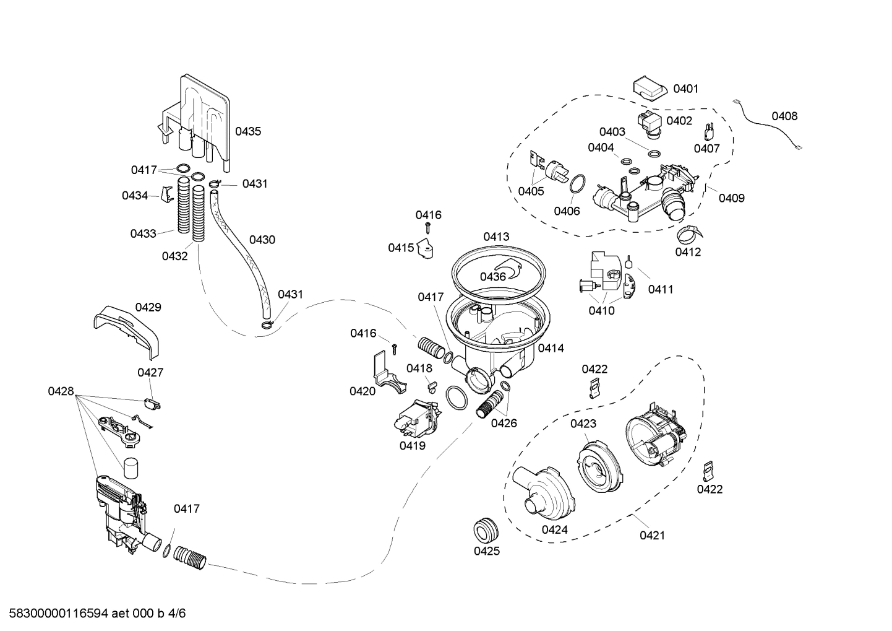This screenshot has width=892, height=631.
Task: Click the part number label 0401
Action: [685, 89]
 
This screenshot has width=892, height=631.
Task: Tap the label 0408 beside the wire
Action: [784, 116]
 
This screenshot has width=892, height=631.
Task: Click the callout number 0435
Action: [247, 131]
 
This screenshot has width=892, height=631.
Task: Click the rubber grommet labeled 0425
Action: [486, 531]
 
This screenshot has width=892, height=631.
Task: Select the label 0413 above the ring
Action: [496, 237]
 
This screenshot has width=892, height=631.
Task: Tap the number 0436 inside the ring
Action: [493, 277]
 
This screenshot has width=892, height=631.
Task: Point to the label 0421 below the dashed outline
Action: [652, 535]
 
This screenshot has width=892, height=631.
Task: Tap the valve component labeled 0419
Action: [414, 418]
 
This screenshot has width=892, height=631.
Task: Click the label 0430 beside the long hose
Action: [262, 240]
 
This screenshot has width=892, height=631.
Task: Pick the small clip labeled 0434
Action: [166, 194]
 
